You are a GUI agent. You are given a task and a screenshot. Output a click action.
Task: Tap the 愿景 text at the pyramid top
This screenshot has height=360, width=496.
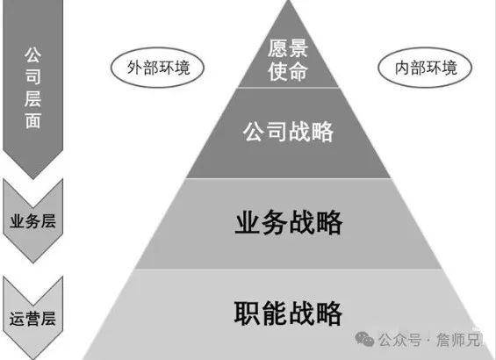click(288, 48)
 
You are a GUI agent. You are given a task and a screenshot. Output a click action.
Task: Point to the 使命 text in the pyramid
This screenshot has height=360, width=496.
click(288, 71)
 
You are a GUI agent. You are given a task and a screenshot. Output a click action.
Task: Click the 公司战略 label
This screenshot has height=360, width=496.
click(288, 132)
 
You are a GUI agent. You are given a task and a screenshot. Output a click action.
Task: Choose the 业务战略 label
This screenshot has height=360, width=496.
click(289, 222)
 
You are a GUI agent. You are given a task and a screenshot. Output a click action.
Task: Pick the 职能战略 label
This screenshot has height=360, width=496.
click(288, 313)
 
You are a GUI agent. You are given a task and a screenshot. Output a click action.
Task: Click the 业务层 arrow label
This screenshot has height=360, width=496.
click(32, 221)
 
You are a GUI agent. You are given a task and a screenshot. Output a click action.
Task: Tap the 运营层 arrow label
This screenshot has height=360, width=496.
click(32, 319)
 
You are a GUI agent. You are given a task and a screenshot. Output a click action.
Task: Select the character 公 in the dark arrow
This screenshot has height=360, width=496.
click(32, 54)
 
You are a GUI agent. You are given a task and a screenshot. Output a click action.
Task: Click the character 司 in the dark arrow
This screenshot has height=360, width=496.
click(32, 77)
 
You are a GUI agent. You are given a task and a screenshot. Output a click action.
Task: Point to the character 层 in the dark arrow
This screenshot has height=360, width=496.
click(32, 99)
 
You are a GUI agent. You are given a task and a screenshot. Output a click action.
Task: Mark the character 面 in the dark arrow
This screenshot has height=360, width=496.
click(32, 121)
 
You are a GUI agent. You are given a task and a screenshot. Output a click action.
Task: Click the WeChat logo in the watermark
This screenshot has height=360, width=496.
click(364, 339)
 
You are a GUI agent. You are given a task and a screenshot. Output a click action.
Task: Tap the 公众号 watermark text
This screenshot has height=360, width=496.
click(399, 340)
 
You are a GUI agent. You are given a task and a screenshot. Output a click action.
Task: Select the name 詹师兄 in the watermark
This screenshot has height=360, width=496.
click(458, 340)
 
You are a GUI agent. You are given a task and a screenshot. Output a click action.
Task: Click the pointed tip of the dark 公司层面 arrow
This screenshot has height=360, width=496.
click(32, 179)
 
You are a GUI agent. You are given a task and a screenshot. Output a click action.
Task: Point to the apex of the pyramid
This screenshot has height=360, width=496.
click(288, 1)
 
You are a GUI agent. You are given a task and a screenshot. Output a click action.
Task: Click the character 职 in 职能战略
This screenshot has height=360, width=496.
click(247, 313)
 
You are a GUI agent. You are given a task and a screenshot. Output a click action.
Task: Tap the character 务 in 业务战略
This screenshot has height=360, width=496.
click(275, 222)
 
